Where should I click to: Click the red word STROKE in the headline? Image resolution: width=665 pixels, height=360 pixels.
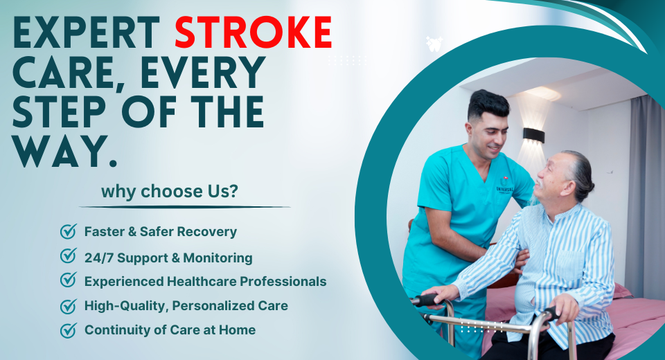[254, 33]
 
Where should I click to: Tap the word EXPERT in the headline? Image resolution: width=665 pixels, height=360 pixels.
[87, 33]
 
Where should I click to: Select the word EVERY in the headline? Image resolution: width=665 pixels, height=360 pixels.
[203, 72]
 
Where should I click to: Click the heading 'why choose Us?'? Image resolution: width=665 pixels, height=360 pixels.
[170, 191]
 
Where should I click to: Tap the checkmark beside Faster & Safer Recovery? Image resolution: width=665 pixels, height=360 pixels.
[69, 231]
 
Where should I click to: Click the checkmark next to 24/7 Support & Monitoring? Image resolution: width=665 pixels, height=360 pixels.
[69, 255]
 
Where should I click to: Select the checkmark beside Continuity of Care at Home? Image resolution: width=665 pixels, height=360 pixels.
[69, 330]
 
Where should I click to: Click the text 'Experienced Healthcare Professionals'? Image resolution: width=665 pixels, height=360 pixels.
[205, 282]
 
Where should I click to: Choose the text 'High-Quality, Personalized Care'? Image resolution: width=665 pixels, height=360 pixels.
[186, 306]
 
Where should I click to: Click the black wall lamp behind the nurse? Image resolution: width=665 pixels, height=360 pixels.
[533, 135]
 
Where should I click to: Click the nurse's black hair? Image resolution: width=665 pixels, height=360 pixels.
[488, 104]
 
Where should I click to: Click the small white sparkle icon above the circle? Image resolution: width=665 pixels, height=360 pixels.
[434, 44]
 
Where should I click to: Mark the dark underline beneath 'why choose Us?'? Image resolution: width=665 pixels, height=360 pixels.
[184, 207]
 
